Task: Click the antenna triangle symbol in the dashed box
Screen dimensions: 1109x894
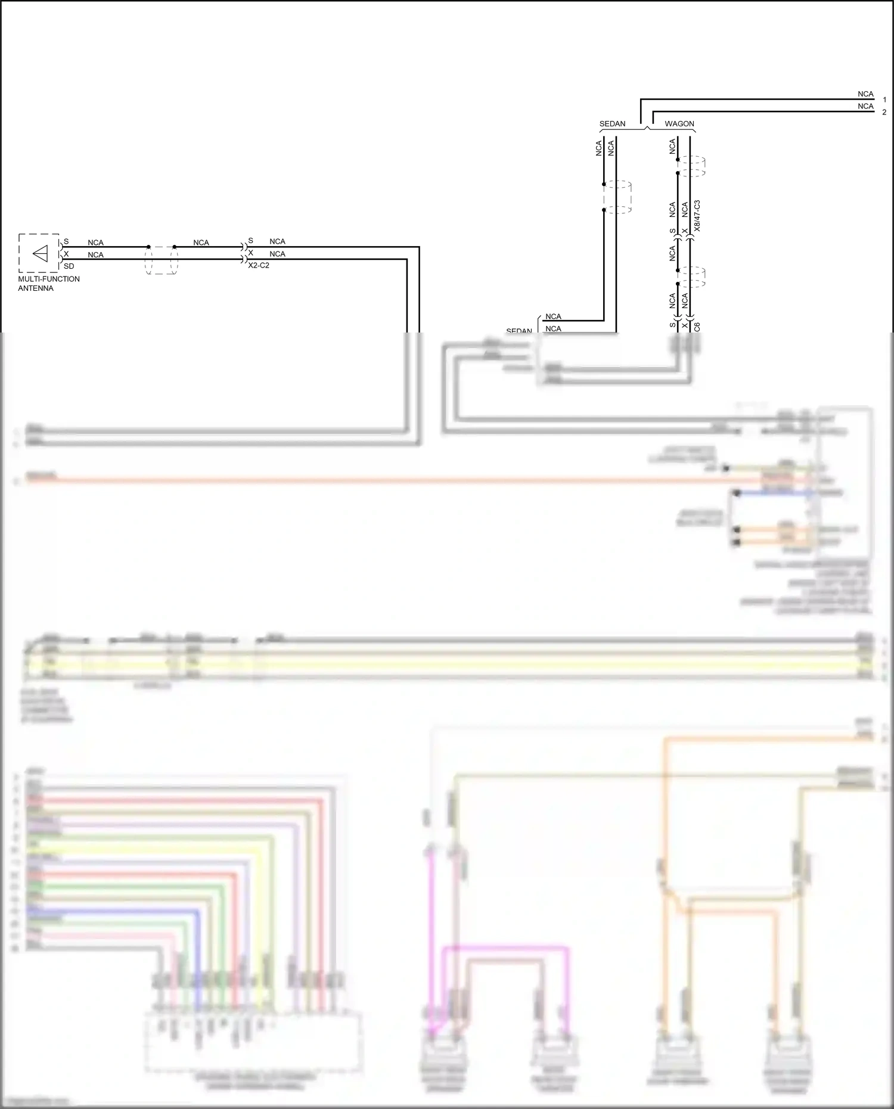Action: pos(40,254)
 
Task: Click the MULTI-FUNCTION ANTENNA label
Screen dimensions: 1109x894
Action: pos(48,284)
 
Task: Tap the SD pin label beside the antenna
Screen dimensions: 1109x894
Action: pos(69,266)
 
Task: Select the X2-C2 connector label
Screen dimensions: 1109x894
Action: pos(259,265)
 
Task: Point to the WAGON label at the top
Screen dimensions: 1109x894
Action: pos(679,124)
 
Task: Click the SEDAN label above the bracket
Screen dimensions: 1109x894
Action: pos(612,124)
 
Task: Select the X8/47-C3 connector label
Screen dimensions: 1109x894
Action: pos(697,216)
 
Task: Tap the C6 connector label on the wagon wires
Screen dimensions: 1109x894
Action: pos(697,327)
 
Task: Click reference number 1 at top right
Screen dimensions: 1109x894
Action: pos(884,100)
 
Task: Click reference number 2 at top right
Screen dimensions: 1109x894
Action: pos(884,112)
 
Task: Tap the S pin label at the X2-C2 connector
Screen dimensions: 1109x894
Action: pos(250,241)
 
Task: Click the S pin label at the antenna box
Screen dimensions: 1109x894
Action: pos(66,241)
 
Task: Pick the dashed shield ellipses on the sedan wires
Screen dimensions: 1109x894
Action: pos(617,197)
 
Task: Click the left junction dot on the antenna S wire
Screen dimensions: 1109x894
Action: pos(148,247)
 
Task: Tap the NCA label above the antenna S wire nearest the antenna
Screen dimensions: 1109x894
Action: pos(95,243)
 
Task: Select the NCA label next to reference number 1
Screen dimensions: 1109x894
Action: pos(865,94)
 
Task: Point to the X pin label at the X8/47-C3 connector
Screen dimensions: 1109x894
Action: pos(685,231)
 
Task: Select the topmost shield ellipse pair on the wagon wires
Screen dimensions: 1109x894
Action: pos(692,166)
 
